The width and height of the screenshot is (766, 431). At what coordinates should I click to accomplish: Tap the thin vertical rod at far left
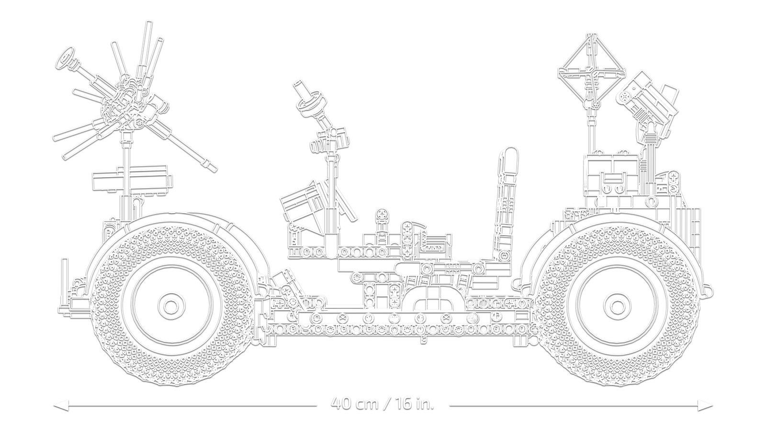[x=64, y=283]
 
